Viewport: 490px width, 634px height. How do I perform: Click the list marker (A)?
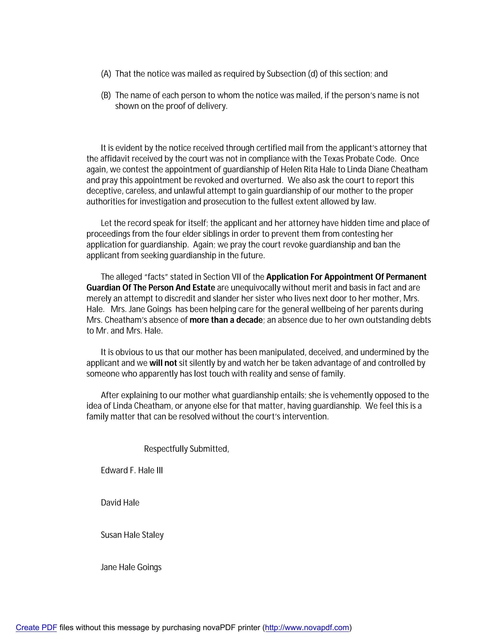106,74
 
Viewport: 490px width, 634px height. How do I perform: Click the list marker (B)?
106,95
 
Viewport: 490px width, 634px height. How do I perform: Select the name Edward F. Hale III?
132,471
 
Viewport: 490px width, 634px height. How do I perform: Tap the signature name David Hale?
120,503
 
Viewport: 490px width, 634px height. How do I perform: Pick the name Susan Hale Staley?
132,535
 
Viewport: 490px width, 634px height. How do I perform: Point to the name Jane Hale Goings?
131,567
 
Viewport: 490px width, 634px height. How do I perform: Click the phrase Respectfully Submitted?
186,449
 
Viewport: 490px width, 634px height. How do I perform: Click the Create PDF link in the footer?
36,628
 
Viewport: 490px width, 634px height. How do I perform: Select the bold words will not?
163,363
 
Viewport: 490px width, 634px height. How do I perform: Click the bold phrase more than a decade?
226,320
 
